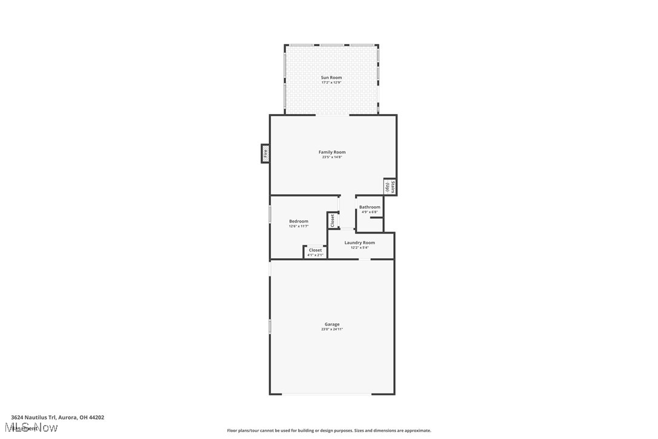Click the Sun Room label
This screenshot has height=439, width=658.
(331, 78)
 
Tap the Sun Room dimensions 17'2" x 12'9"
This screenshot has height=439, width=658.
(331, 82)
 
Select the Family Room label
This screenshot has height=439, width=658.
(332, 152)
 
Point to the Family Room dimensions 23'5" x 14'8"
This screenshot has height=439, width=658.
(332, 157)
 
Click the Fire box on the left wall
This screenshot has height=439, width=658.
(265, 153)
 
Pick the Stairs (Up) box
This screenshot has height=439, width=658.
(390, 187)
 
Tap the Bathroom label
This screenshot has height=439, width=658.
(370, 207)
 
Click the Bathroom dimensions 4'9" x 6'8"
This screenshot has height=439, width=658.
(370, 212)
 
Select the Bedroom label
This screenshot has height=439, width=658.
(299, 221)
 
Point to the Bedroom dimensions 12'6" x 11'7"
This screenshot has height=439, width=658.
(299, 226)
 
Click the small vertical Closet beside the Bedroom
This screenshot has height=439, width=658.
(332, 220)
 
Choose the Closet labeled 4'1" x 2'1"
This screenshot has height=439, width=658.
(315, 252)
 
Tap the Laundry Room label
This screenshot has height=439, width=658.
(360, 243)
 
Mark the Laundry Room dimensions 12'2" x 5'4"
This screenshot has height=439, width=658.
(360, 247)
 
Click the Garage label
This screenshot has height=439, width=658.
(332, 324)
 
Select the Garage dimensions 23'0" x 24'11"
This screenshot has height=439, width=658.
(332, 329)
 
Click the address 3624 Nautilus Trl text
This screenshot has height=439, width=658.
(58, 417)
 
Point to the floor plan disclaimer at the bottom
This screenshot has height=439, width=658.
(329, 431)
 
